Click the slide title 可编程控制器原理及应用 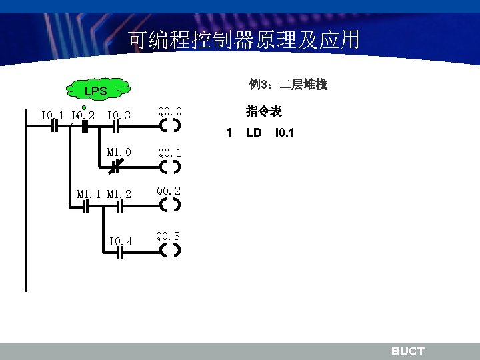(x=244, y=41)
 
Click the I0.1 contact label (x=53, y=116)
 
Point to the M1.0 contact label (x=119, y=153)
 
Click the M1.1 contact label (x=89, y=195)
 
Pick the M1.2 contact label (x=119, y=195)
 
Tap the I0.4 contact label (x=121, y=241)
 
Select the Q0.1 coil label (x=170, y=153)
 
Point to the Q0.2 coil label (x=169, y=191)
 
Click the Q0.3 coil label (x=168, y=236)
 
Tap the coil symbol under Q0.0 (x=171, y=125)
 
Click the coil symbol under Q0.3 (x=171, y=251)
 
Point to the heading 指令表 (x=263, y=111)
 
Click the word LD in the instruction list (x=253, y=133)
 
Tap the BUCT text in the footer (x=407, y=351)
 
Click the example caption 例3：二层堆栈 (x=287, y=85)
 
